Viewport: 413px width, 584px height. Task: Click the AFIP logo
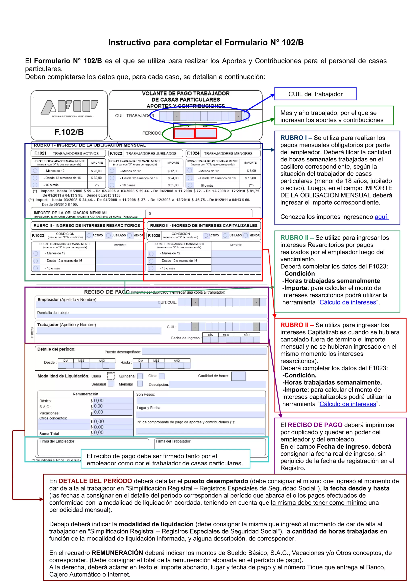(x=69, y=107)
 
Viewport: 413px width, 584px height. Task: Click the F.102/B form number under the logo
(x=69, y=132)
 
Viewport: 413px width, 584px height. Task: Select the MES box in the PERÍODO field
(x=184, y=133)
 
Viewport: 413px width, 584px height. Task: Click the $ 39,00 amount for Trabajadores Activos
(x=96, y=178)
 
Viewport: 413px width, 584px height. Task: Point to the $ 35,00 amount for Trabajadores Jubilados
(x=173, y=185)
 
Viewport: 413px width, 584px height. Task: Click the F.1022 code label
(x=116, y=153)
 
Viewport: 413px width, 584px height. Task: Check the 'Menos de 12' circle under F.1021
(x=35, y=171)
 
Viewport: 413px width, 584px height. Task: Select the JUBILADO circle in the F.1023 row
(x=109, y=235)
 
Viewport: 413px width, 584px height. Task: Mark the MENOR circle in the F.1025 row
(x=246, y=235)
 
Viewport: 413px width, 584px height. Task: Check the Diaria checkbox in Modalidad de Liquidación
(x=111, y=376)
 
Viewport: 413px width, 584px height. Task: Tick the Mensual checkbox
(x=140, y=384)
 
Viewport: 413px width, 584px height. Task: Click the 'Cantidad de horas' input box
(x=238, y=376)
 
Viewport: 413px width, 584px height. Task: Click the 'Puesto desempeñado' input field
(x=204, y=351)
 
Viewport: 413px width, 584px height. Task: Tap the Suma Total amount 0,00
(x=99, y=433)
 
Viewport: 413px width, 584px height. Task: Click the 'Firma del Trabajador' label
(x=174, y=441)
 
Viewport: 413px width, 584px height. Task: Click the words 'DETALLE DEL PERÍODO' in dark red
(x=95, y=481)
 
